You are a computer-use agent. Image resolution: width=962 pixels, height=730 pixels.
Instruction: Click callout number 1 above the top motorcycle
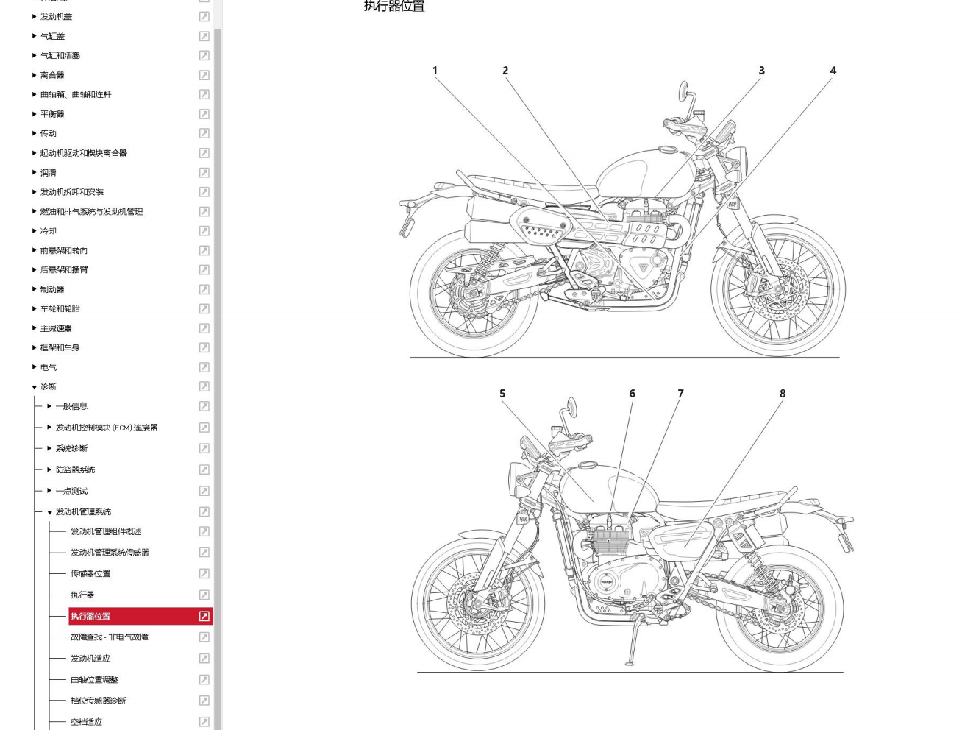tap(435, 71)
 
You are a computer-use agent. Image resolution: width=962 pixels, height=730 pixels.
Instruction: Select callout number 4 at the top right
tap(833, 71)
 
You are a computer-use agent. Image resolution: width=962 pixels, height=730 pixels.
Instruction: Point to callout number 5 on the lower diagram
tap(502, 394)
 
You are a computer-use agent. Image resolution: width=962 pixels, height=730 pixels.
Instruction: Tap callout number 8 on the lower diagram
tap(783, 394)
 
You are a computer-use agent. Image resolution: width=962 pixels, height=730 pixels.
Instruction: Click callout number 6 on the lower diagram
tap(632, 394)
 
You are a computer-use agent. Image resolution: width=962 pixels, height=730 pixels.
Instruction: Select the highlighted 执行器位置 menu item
tap(90, 616)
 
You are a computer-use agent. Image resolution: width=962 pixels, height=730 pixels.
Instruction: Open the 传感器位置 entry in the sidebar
tap(90, 573)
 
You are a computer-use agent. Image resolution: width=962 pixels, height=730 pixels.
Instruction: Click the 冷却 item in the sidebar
tap(49, 231)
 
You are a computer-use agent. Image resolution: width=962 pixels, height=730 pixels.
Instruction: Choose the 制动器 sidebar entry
tap(52, 289)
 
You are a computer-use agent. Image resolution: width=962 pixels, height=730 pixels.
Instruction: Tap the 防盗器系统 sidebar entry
tap(75, 469)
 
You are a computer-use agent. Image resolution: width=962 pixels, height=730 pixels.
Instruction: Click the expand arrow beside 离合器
tap(34, 75)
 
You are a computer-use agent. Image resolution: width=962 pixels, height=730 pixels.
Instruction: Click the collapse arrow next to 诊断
tap(34, 387)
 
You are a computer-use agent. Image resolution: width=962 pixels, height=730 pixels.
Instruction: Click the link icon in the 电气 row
tap(204, 367)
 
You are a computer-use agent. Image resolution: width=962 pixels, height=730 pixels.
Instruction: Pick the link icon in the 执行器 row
tap(204, 595)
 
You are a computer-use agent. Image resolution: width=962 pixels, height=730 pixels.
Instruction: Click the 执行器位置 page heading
tap(394, 7)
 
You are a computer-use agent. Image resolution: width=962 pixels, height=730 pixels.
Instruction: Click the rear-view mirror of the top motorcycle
tap(684, 91)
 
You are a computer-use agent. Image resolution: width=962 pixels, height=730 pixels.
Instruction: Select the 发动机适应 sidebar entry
tap(90, 659)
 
